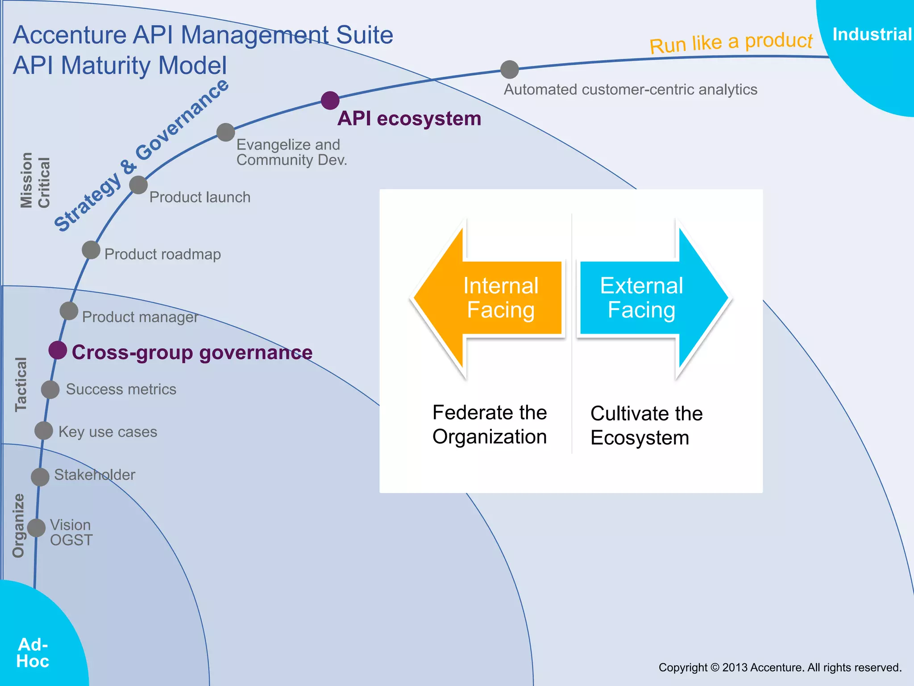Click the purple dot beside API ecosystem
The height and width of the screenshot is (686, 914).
point(330,100)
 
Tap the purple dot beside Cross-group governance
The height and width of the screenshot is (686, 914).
point(58,350)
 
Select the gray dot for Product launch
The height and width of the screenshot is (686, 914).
point(138,185)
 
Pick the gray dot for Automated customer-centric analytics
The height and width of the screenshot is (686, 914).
point(510,70)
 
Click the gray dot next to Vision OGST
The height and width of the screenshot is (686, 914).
point(37,527)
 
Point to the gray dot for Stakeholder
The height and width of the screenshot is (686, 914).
point(40,477)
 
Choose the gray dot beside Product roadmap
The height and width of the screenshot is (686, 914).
point(91,250)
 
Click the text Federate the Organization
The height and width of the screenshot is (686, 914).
point(489,424)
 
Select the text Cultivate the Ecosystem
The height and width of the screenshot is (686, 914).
point(646,425)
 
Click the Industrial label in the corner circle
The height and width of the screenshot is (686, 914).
point(872,35)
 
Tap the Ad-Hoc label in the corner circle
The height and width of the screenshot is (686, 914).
point(33,653)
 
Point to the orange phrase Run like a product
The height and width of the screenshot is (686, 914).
point(731,42)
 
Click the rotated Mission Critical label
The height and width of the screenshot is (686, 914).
point(35,181)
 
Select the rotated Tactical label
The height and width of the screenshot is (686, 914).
point(21,384)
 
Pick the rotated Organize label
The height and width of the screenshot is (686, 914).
point(18,525)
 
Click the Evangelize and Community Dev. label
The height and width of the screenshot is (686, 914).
point(291,152)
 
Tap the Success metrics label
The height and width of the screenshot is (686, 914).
point(121,389)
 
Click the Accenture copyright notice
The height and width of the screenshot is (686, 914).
point(780,667)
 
